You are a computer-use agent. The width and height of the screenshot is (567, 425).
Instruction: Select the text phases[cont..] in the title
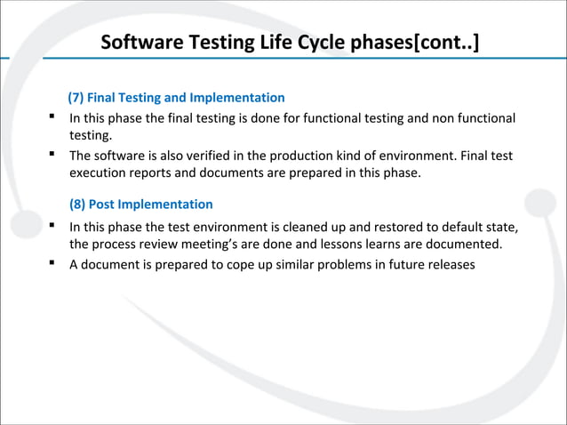(x=417, y=43)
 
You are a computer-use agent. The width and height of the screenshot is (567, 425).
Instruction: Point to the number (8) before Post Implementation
(x=78, y=204)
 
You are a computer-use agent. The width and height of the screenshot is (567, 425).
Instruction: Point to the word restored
(x=394, y=225)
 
